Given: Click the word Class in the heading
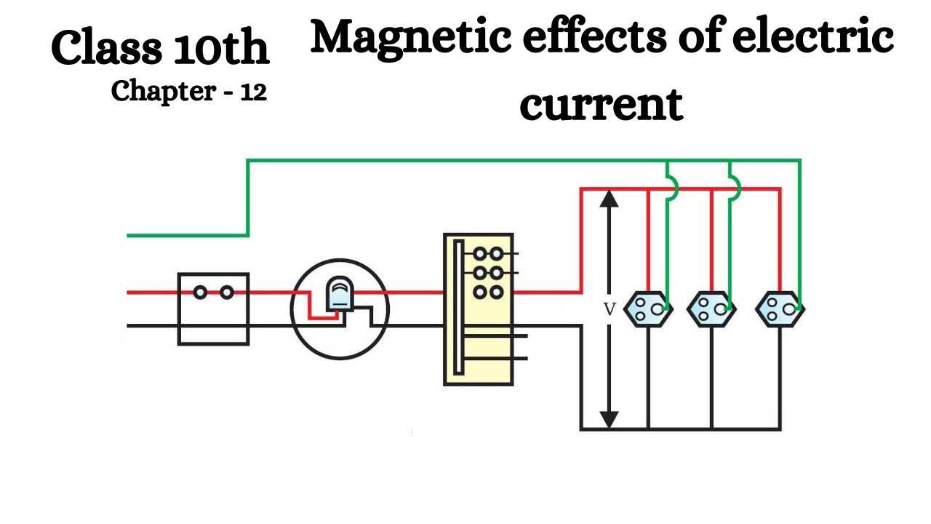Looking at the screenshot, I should [107, 49].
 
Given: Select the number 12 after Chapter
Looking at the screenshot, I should [253, 91].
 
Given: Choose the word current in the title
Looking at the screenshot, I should [601, 104].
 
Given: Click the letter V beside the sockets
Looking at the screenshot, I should [610, 309].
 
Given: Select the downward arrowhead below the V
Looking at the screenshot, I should [610, 420].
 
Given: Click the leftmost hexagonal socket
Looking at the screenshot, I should [648, 309].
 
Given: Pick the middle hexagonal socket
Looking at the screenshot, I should [711, 309].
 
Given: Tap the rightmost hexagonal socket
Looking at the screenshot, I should [780, 309].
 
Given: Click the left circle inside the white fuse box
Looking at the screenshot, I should [200, 293].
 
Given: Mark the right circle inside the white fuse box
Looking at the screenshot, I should [227, 293].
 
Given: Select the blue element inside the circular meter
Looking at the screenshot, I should [338, 295].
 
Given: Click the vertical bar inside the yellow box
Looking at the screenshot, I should [458, 309].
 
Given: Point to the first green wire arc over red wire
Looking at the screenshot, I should [671, 188].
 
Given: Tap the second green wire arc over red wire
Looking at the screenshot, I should [734, 188].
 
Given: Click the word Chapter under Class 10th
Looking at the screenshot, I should [164, 91].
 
